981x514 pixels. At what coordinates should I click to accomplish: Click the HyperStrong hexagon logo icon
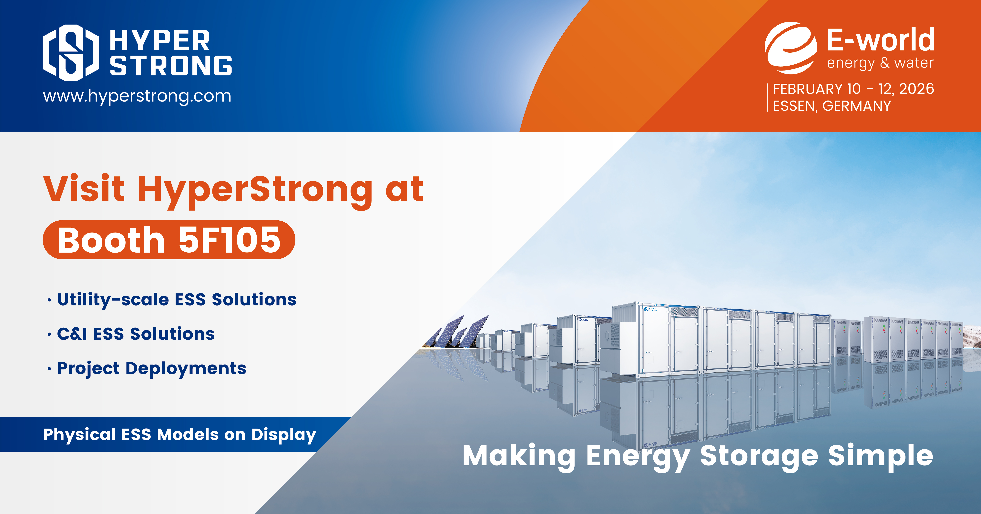[71, 53]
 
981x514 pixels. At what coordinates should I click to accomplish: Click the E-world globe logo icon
[791, 48]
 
